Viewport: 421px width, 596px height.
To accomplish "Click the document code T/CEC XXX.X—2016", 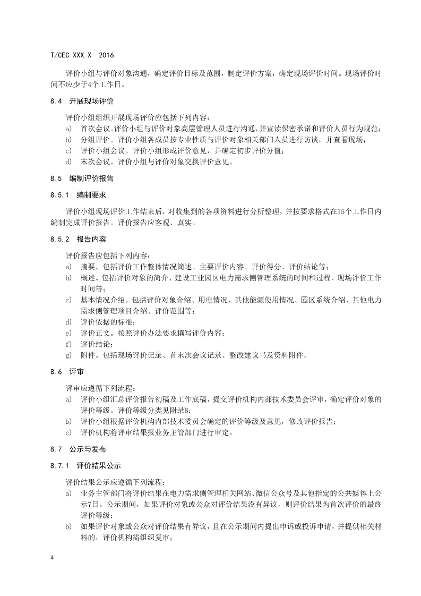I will point(81,55).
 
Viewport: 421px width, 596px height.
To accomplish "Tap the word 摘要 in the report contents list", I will point(87,266).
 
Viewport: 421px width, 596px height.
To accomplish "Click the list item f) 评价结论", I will point(94,344).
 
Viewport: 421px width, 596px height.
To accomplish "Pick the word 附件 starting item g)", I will point(87,355).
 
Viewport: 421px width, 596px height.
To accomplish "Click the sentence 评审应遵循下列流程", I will point(101,388).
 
